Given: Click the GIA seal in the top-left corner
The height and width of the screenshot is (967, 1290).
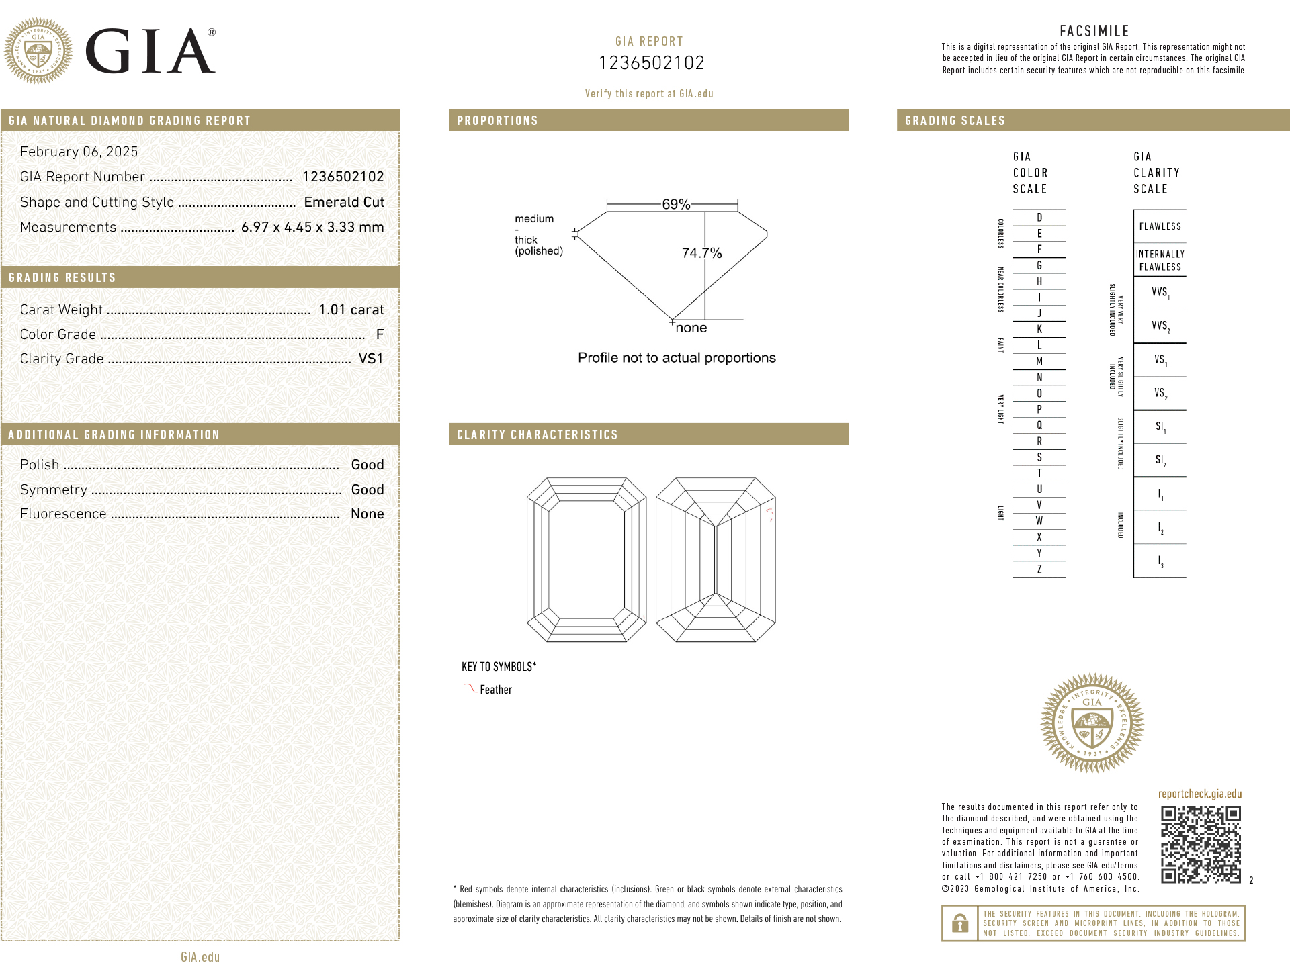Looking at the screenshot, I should pos(38,50).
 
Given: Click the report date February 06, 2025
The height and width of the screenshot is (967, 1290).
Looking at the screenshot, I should pos(79,152).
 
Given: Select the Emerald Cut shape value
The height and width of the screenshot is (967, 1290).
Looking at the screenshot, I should pos(344,202).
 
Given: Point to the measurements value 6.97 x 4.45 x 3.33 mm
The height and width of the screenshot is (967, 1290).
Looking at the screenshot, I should pos(312,227).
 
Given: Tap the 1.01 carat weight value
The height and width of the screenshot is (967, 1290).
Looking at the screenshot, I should pos(351,310).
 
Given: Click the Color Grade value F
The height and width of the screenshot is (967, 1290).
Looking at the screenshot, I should pos(380,334).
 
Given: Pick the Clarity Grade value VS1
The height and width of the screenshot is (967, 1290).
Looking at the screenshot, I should pos(371,359).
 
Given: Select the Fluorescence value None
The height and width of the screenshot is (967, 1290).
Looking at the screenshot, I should pos(368,514).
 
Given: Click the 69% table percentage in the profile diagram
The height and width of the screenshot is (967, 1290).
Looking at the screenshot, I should pos(676,204).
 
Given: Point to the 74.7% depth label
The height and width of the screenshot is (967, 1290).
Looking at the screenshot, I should pos(701,253).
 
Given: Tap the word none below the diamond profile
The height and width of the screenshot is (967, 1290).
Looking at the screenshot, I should pos(691,328).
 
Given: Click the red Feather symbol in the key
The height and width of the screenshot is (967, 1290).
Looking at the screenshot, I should pos(470,688).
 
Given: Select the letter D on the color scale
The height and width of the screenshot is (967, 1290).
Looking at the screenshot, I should pos(1039,218).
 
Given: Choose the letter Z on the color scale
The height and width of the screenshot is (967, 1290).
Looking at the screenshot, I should pos(1039,569).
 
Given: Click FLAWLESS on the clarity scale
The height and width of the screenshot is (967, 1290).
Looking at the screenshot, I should pos(1160,227).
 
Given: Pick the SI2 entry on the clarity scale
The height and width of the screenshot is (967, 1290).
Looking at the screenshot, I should pos(1160,461).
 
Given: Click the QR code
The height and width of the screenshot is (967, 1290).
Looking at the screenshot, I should pos(1201,844).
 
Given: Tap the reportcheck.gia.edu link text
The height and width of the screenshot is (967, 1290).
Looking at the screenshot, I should pos(1200,794).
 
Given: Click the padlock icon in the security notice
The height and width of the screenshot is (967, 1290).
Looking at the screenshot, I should pos(960,923).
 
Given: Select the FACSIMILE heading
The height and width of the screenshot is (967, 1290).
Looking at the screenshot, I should pos(1094,31).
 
